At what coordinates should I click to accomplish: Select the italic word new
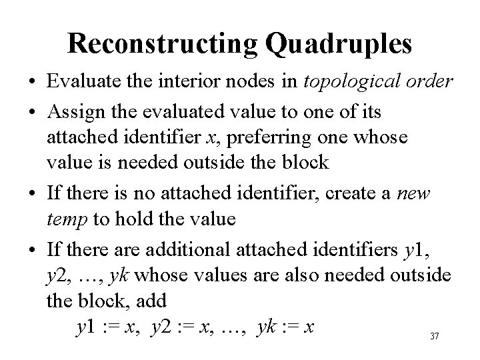[x=416, y=194]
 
